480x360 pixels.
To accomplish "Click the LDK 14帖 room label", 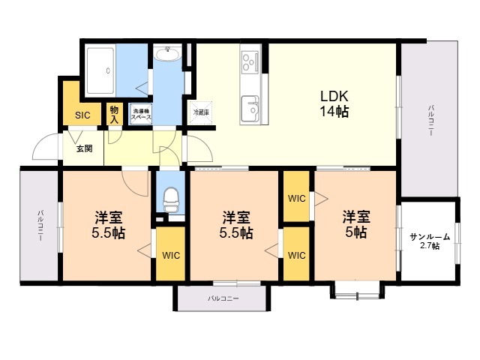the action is (x=334, y=103).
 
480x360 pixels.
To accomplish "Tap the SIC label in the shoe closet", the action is (x=82, y=115).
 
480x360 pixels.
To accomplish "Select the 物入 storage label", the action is (x=114, y=114).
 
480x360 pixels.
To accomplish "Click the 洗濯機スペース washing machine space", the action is (x=141, y=113).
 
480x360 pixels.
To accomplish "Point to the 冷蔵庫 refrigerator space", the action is (x=201, y=112).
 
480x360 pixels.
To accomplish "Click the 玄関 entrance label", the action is (x=84, y=148).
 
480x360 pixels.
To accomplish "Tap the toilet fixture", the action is (x=171, y=200).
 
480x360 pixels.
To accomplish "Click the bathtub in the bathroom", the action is (x=100, y=70).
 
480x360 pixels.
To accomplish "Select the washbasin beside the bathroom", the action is (x=167, y=53).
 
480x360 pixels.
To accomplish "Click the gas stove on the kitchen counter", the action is (x=250, y=61).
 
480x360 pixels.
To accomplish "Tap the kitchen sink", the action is (x=250, y=109).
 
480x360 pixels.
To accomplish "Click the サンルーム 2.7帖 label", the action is (x=430, y=241).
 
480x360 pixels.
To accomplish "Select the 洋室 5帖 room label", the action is (x=356, y=224).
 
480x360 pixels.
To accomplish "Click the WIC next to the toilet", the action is (x=171, y=255).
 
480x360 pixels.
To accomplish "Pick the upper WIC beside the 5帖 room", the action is (x=297, y=198).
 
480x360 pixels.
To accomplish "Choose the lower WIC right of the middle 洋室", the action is (x=297, y=255).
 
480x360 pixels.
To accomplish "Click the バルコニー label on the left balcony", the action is (x=40, y=226).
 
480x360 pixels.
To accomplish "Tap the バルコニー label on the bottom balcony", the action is (x=223, y=298).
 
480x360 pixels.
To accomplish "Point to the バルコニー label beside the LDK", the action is (x=431, y=120).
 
